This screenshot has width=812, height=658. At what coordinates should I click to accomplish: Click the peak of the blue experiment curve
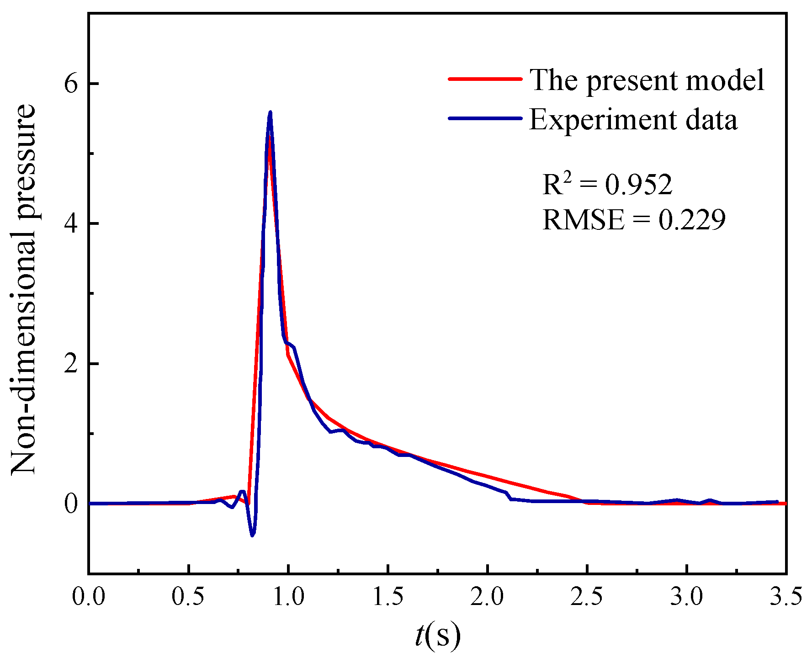(x=270, y=112)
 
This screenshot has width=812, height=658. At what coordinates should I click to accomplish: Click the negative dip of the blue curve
(x=252, y=535)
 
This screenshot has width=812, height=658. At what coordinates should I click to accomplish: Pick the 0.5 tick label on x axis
(x=188, y=597)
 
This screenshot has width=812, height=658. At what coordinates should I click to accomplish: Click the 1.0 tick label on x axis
(x=288, y=597)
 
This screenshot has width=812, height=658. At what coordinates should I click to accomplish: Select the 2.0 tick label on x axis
(x=488, y=597)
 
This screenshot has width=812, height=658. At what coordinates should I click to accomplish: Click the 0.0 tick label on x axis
(x=89, y=597)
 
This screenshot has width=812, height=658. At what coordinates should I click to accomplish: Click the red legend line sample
(x=485, y=79)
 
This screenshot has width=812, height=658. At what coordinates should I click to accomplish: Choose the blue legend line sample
(x=485, y=118)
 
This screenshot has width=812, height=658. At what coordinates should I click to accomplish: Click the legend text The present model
(x=647, y=80)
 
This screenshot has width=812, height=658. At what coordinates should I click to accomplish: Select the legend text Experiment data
(x=633, y=120)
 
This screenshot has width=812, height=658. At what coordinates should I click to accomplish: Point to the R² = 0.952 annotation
(x=607, y=184)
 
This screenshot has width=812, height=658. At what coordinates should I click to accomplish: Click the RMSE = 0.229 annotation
(x=634, y=220)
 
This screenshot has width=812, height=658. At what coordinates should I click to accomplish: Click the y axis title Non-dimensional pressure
(x=23, y=289)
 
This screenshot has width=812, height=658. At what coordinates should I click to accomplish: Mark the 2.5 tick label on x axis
(x=587, y=597)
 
